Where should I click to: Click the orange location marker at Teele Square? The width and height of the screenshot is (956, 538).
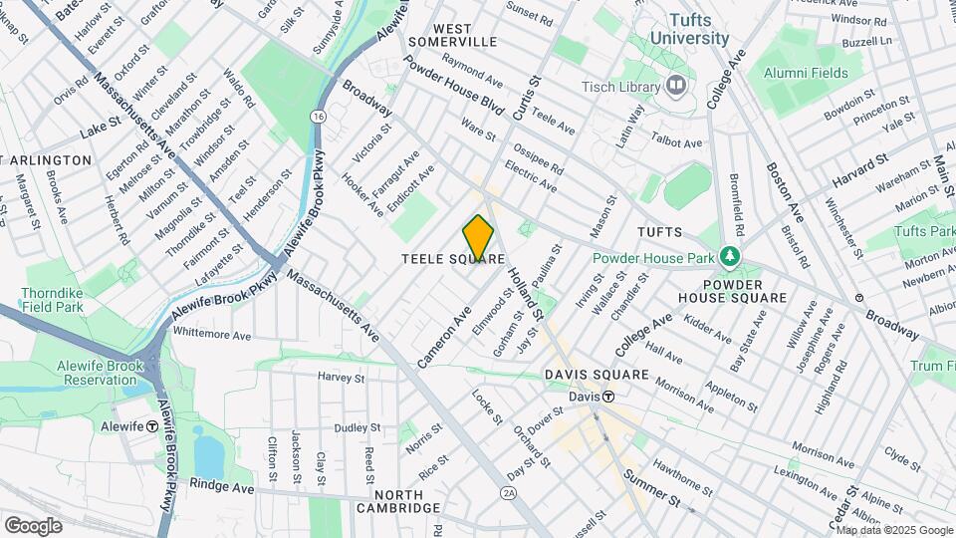[x=479, y=238]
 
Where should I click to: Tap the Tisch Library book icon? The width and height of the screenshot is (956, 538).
[x=677, y=86]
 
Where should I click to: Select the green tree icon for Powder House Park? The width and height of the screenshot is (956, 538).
[x=732, y=257]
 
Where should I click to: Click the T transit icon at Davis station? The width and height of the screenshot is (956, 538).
[x=606, y=397]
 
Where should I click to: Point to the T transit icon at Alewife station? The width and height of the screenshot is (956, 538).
[x=152, y=425]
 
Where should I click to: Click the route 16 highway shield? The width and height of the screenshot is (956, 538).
[x=318, y=117]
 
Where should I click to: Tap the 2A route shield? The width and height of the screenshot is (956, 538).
[x=509, y=493]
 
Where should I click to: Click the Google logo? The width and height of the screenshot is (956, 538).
[x=33, y=525]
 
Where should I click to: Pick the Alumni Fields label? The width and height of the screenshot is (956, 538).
[x=806, y=73]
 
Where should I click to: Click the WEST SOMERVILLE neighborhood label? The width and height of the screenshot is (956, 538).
[x=451, y=35]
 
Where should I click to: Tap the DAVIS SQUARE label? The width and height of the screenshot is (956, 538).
[x=597, y=376]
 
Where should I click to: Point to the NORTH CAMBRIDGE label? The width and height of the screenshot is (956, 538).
[x=406, y=501]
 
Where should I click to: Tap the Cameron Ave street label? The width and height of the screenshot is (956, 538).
[x=444, y=337]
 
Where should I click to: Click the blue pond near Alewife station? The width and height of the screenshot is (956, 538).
[x=208, y=455]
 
